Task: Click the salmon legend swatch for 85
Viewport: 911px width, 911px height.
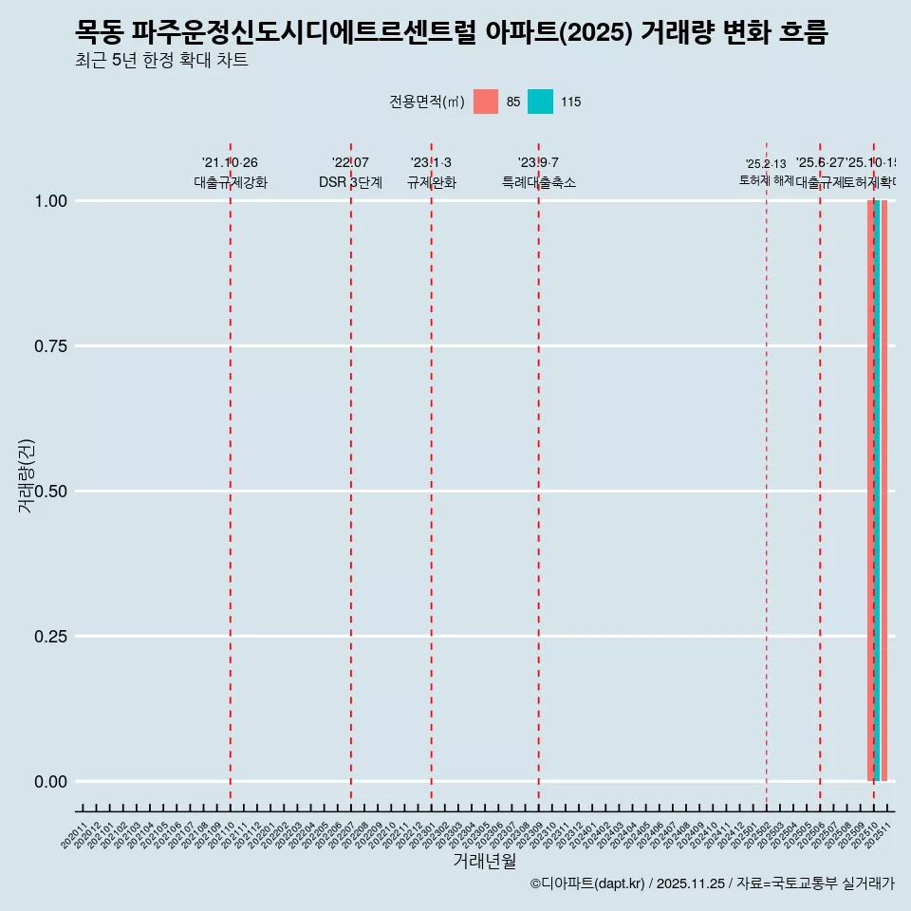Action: pyautogui.click(x=486, y=102)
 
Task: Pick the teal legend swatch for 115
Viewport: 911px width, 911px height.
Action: pyautogui.click(x=540, y=102)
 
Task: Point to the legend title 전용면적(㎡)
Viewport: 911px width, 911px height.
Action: pyautogui.click(x=426, y=102)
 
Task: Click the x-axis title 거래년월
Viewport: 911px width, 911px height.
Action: pyautogui.click(x=484, y=862)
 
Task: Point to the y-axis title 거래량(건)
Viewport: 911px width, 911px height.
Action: pyautogui.click(x=26, y=475)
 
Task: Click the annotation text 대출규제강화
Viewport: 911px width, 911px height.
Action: pyautogui.click(x=231, y=182)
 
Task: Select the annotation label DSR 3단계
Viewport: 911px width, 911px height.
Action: pyautogui.click(x=350, y=182)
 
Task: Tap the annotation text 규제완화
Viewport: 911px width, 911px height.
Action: pyautogui.click(x=432, y=182)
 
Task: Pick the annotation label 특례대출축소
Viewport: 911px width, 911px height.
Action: pyautogui.click(x=539, y=182)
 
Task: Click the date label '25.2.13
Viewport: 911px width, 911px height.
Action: pyautogui.click(x=766, y=164)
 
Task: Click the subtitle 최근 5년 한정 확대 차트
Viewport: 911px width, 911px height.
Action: pyautogui.click(x=161, y=61)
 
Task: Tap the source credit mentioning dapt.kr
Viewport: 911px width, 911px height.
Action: pyautogui.click(x=712, y=883)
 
